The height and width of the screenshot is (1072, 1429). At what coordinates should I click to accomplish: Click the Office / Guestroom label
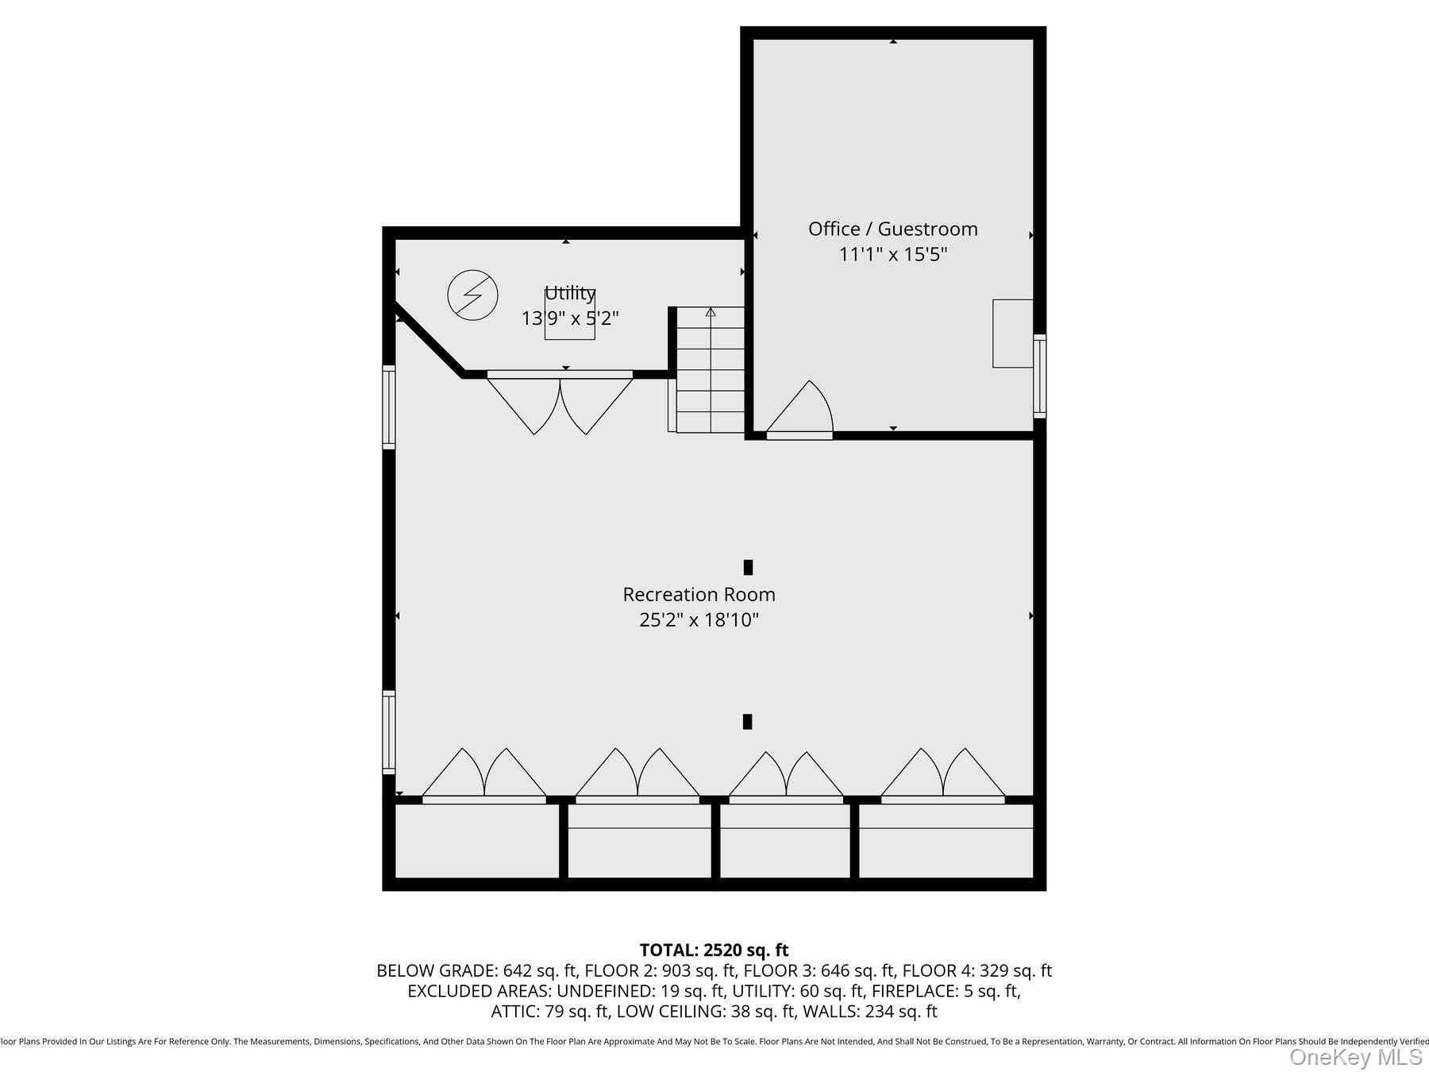892,229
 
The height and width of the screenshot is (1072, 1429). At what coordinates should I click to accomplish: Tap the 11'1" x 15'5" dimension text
893,255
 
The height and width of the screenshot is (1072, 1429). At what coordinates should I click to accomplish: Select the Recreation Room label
699,594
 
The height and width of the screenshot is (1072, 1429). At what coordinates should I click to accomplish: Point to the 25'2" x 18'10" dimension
699,619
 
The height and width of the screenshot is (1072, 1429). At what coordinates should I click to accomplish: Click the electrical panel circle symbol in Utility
472,295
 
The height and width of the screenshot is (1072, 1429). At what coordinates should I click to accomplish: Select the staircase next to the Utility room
710,369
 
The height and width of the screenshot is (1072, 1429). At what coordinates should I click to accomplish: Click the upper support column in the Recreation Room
748,567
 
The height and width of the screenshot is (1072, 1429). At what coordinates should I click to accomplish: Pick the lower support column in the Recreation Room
747,721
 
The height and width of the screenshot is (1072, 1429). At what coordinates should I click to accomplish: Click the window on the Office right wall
1039,376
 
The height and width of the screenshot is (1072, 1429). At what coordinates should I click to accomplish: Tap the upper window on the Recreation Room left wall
389,407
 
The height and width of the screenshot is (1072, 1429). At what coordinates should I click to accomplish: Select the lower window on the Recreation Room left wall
389,731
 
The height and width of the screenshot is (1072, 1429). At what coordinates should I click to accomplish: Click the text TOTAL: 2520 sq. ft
714,950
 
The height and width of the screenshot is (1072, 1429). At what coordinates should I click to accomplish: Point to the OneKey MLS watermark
1355,1057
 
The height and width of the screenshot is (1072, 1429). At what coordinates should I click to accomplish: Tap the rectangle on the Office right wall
1012,334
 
